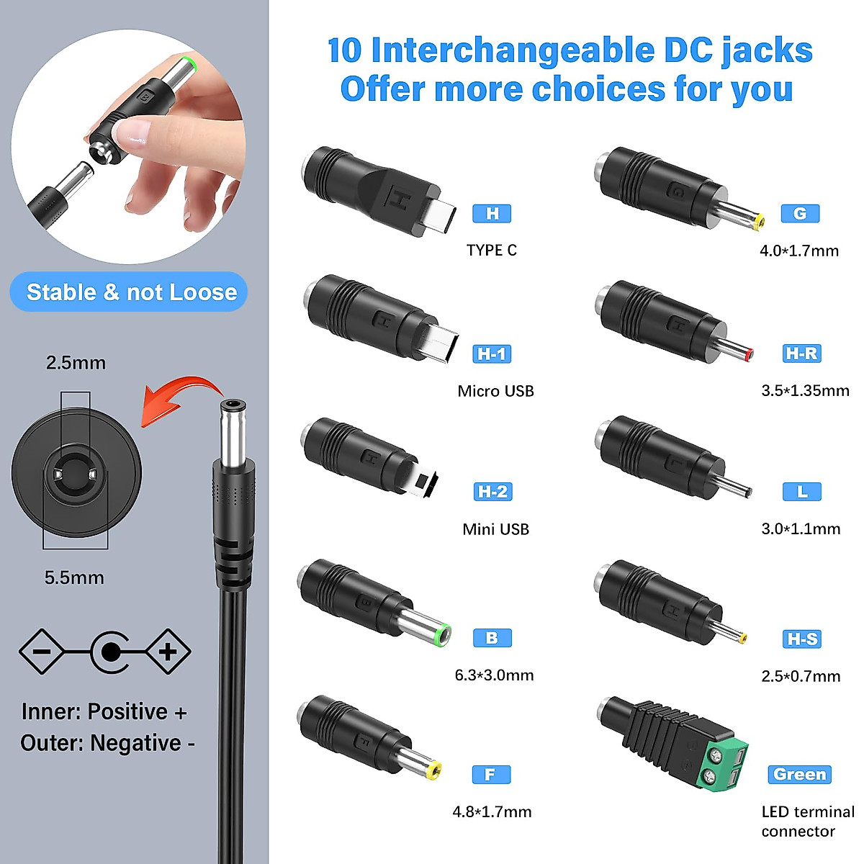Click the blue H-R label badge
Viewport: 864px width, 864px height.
[x=801, y=354]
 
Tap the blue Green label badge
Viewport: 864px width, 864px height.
[x=799, y=775]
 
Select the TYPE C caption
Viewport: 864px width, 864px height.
[x=492, y=250]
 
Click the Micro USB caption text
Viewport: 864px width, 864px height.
[x=495, y=391]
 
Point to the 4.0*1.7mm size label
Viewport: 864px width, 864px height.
[x=799, y=251]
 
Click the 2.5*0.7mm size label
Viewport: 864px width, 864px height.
[x=801, y=676]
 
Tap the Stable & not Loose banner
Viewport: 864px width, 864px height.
[x=131, y=292]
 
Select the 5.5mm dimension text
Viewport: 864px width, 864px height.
[x=74, y=577]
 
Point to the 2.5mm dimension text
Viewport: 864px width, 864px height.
[x=76, y=362]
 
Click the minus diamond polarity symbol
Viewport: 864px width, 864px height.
[x=42, y=652]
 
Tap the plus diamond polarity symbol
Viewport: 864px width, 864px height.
[x=168, y=652]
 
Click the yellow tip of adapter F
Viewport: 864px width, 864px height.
[x=433, y=773]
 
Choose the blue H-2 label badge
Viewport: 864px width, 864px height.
[x=492, y=492]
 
